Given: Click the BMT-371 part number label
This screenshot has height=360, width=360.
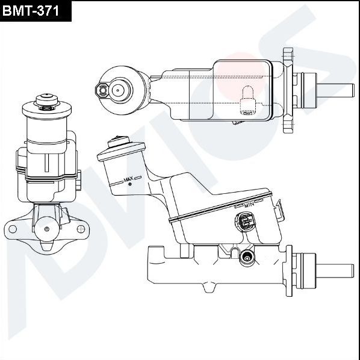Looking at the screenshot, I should click(35, 10).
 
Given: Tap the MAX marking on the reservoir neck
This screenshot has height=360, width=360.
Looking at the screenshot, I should click(128, 179).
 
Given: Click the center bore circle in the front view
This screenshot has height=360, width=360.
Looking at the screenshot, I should click(47, 229).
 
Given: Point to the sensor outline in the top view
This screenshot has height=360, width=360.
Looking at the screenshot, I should click(246, 100).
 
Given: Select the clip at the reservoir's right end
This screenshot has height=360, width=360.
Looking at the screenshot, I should click(278, 210).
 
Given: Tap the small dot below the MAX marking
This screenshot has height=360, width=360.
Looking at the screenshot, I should click(129, 185).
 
